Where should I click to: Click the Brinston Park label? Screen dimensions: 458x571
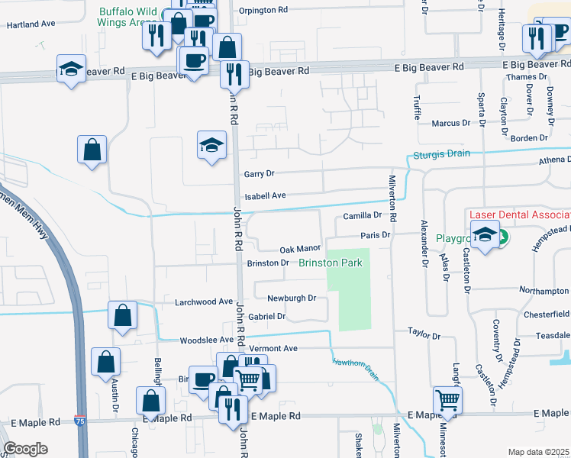[329, 263]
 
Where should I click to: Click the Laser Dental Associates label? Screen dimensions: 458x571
[519, 216]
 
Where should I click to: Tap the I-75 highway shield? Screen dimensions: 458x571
[80, 421]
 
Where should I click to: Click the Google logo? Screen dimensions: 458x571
[25, 449]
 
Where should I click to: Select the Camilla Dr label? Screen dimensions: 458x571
[362, 216]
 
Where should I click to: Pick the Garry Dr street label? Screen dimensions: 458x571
[259, 174]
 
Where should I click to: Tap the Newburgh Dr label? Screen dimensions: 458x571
[291, 298]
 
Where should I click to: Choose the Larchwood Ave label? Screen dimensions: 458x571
[204, 302]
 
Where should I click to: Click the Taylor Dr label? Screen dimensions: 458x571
[424, 334]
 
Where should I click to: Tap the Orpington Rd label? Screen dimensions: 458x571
[263, 11]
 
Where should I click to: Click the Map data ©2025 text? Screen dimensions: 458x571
[538, 452]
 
